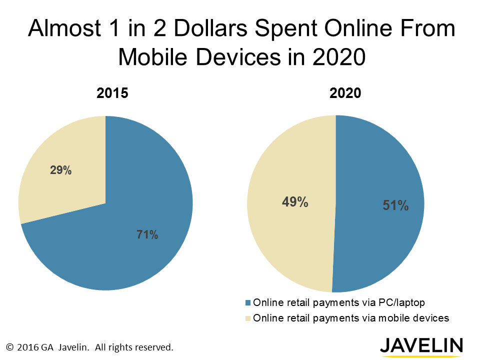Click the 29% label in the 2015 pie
coord(60,170)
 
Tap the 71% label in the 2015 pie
coord(147,234)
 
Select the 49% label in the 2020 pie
coord(295,202)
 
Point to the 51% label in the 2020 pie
coord(396,205)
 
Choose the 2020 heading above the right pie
coord(344,93)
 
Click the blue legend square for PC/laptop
coord(248,302)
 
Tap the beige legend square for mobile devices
coord(248,318)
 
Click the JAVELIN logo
coord(421,345)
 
